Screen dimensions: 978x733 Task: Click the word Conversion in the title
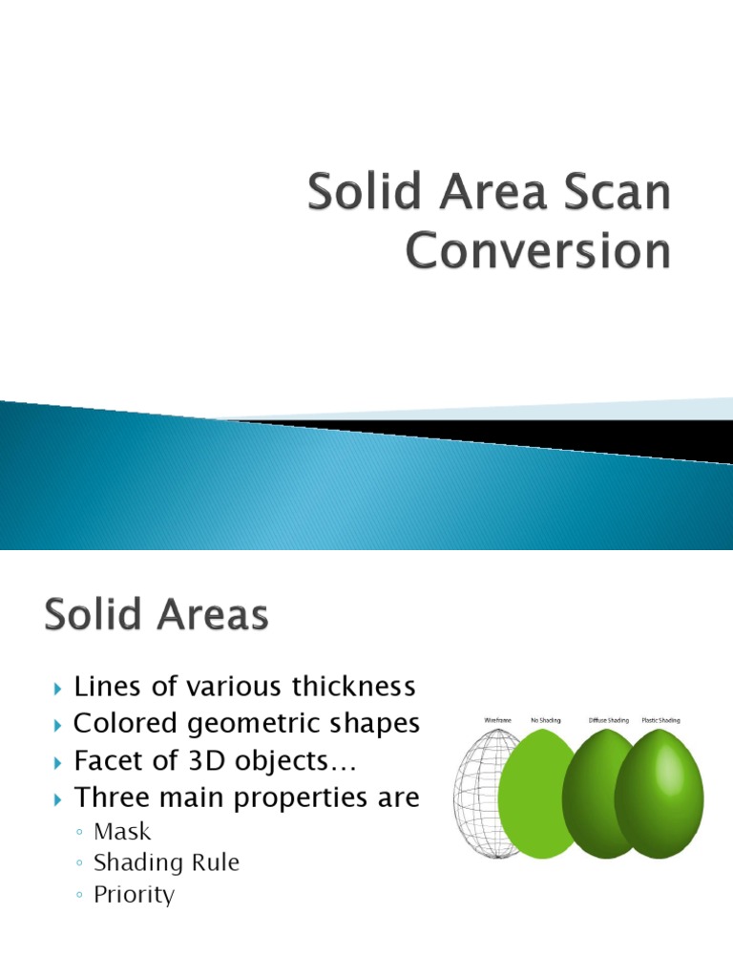click(538, 251)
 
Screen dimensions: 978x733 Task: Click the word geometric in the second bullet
click(238, 724)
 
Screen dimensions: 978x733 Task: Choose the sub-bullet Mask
click(122, 832)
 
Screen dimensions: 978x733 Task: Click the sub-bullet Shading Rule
click(166, 863)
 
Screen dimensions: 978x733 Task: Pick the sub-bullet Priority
click(134, 895)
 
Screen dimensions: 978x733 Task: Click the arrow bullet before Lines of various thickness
click(59, 688)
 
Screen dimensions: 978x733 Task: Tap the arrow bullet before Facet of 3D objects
click(59, 762)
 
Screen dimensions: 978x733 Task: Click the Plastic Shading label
click(667, 719)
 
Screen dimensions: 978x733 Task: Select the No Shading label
click(545, 719)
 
